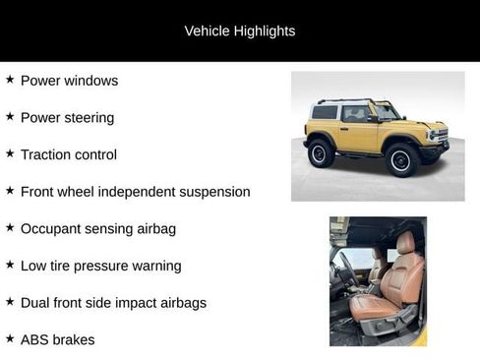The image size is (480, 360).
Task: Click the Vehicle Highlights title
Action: click(x=239, y=30)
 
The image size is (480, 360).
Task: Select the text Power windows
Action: click(x=69, y=81)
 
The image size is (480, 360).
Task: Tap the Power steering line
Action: click(x=67, y=117)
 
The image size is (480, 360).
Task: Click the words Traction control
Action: click(x=68, y=154)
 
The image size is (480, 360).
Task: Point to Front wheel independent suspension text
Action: click(x=135, y=191)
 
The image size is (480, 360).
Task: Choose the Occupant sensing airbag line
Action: click(x=97, y=228)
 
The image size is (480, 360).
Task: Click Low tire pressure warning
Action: click(x=100, y=266)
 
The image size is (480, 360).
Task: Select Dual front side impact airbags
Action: click(x=113, y=302)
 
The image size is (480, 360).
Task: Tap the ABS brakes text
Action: click(x=57, y=339)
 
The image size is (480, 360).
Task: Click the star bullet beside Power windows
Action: click(x=10, y=80)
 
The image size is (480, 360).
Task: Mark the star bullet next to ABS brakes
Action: click(x=10, y=338)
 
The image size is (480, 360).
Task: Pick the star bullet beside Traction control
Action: click(x=10, y=153)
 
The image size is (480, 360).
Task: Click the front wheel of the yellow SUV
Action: click(x=401, y=158)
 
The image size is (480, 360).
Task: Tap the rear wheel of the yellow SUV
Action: click(x=321, y=153)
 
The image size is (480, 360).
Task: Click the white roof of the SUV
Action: click(x=339, y=102)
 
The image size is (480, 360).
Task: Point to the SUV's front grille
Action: click(x=438, y=135)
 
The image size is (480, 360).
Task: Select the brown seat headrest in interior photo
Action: click(x=404, y=242)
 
